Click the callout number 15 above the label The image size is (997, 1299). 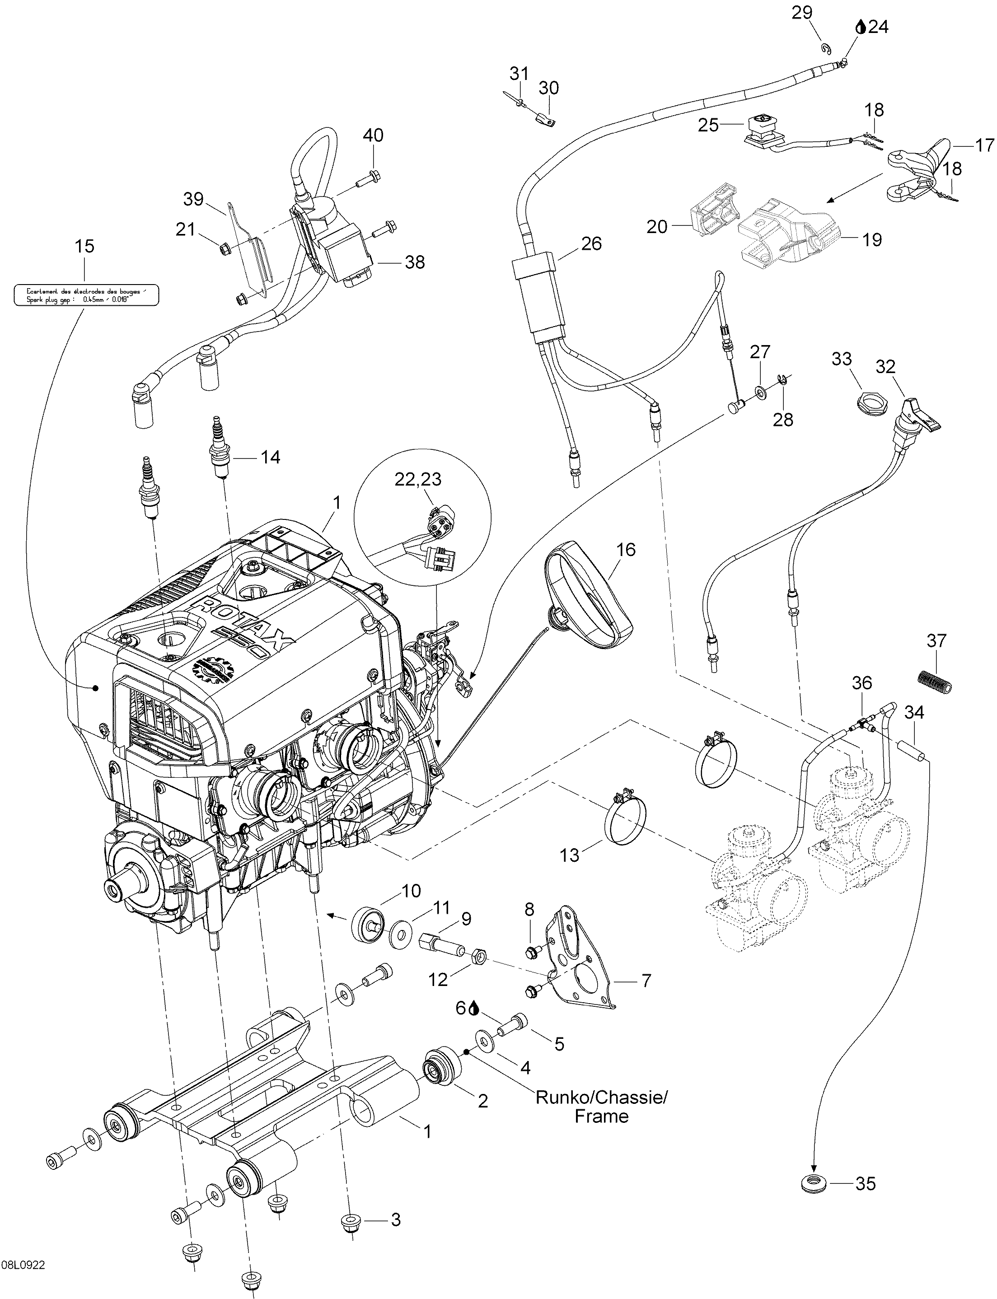84,246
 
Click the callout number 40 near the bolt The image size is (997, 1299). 373,136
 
